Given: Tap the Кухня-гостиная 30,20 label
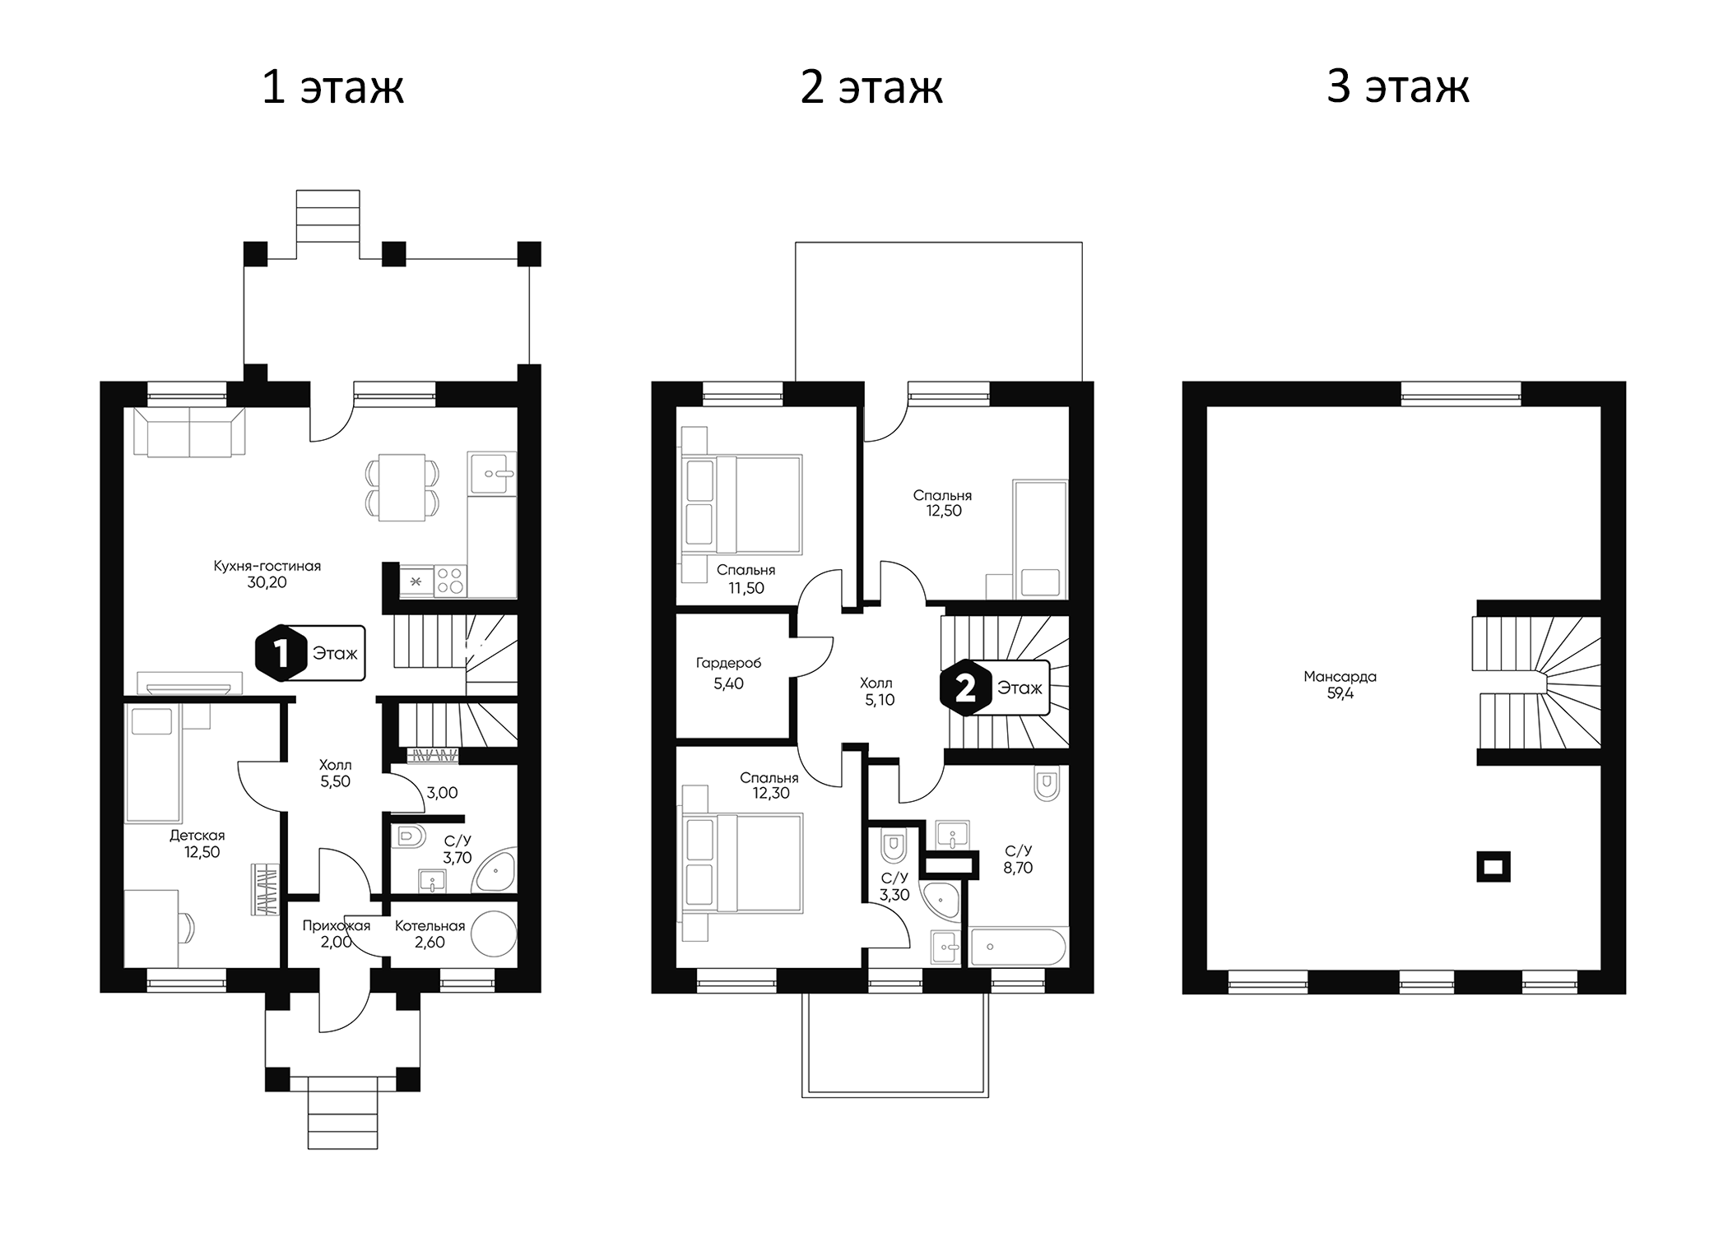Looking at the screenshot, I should tap(267, 574).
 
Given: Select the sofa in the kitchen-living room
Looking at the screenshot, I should tap(189, 433).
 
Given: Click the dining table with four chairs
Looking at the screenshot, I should tap(402, 487).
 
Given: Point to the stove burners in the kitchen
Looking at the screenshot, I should tap(450, 581).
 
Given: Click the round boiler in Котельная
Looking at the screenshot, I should tap(494, 934).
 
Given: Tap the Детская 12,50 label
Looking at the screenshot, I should tap(197, 844).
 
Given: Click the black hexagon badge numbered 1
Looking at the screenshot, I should tap(279, 653).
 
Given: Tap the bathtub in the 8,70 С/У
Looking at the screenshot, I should tap(1018, 947).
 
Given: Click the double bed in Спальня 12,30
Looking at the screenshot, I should tap(741, 862).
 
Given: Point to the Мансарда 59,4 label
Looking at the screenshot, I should tap(1340, 684).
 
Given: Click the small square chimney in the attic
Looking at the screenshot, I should tap(1493, 865).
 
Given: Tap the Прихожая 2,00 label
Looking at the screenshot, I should tap(336, 934).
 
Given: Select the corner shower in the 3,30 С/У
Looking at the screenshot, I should tap(941, 901).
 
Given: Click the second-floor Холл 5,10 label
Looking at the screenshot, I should tap(876, 692).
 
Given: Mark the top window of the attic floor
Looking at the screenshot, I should tap(1461, 394).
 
